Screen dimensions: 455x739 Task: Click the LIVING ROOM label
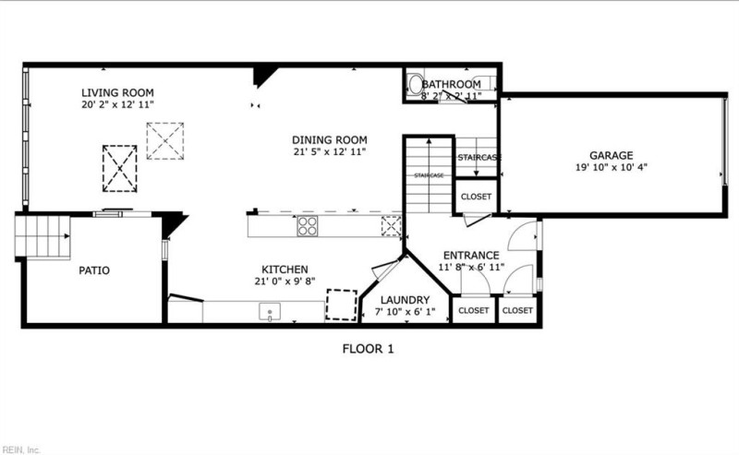pos(117,92)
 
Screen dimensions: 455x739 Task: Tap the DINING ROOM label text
pos(331,138)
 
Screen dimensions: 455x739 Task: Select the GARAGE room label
pos(612,155)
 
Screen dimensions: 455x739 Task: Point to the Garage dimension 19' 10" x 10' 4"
pos(612,168)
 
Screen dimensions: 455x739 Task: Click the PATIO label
pos(93,270)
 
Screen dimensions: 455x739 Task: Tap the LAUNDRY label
pos(405,300)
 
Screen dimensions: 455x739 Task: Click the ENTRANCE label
pos(471,255)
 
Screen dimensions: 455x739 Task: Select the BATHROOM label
pos(452,84)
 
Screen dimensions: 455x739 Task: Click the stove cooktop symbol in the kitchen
pos(307,225)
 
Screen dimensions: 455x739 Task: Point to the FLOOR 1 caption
pos(369,349)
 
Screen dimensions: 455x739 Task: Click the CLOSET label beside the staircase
pos(477,197)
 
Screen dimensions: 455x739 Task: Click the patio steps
pos(43,236)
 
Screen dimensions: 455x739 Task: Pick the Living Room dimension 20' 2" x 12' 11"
pos(117,105)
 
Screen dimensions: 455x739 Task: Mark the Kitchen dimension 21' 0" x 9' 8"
pos(284,281)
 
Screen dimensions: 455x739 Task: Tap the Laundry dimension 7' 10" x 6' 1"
pos(405,313)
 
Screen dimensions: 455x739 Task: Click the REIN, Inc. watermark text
pos(21,449)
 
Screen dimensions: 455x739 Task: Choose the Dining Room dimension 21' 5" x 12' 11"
pos(331,151)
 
